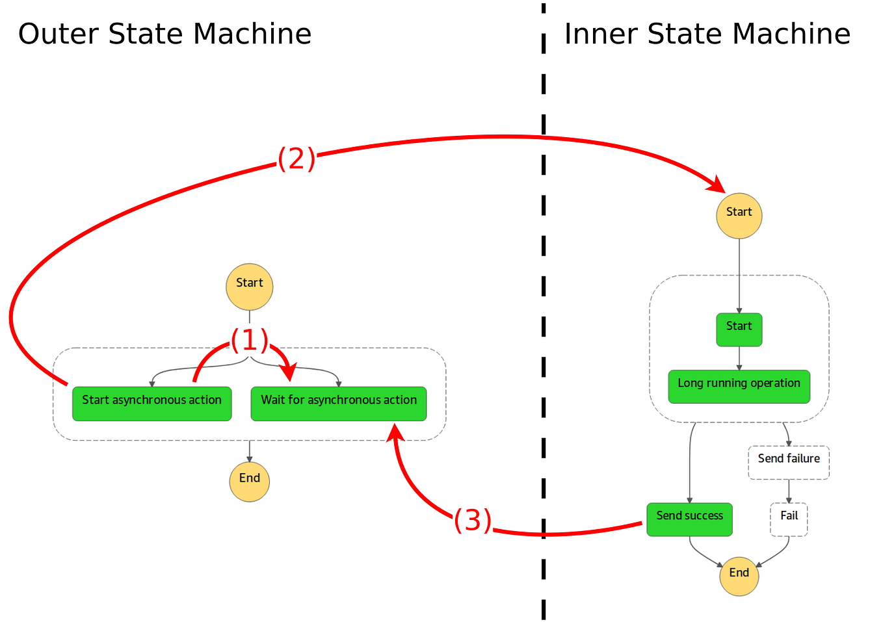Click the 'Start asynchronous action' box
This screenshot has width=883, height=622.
click(152, 404)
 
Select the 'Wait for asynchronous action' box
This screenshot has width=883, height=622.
click(338, 404)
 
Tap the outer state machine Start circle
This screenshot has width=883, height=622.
click(249, 287)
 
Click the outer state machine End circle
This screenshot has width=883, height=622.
click(249, 482)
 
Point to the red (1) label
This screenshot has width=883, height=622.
click(249, 340)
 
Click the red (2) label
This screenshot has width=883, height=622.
click(297, 159)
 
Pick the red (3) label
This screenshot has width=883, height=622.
click(472, 520)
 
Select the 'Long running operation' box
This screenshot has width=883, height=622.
click(739, 387)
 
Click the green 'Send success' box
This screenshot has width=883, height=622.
click(689, 519)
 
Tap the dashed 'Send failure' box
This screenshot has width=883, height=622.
click(788, 462)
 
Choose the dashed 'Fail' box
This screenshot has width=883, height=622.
click(789, 519)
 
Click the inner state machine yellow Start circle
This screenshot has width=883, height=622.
click(739, 216)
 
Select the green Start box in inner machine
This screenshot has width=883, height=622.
click(739, 330)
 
